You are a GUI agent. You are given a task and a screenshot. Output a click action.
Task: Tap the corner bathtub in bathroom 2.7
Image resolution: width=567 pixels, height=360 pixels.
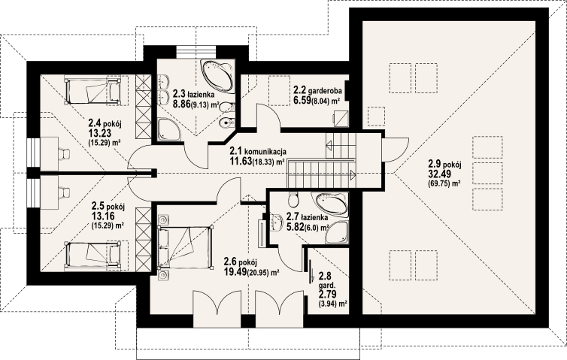[x=332, y=204]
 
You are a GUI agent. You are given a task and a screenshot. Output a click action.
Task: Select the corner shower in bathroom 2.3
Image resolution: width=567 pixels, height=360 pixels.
[x=169, y=129]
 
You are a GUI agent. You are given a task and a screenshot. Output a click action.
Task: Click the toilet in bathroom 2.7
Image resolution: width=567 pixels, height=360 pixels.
[x=293, y=198]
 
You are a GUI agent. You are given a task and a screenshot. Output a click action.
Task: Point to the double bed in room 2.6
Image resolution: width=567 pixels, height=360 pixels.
[x=184, y=247]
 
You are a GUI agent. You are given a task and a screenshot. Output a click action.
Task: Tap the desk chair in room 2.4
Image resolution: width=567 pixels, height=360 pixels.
[x=64, y=154]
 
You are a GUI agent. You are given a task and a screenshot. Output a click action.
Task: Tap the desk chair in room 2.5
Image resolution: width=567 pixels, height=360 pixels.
[x=64, y=192]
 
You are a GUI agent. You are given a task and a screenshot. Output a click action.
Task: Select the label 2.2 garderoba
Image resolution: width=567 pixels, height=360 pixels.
[x=317, y=89]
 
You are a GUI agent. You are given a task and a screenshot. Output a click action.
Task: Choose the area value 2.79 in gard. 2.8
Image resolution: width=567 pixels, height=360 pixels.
[x=326, y=294]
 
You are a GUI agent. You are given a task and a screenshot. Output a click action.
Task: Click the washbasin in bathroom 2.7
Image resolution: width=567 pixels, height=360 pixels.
[x=277, y=222]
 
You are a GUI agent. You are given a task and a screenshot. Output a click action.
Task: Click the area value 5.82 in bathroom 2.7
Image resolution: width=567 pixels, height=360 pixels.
[x=295, y=227]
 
